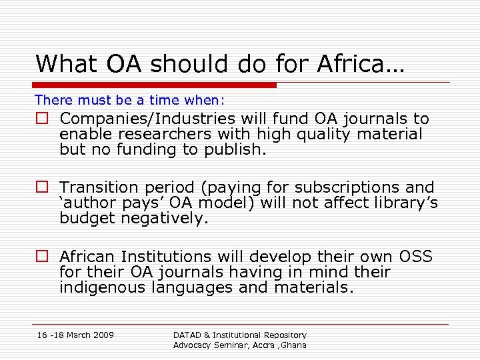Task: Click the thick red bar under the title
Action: tap(155, 85)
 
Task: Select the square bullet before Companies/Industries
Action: tap(42, 119)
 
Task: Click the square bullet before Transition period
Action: tap(42, 188)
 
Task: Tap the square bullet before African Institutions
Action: tap(42, 257)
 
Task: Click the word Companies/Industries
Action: tap(147, 119)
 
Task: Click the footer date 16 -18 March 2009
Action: tap(75, 335)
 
